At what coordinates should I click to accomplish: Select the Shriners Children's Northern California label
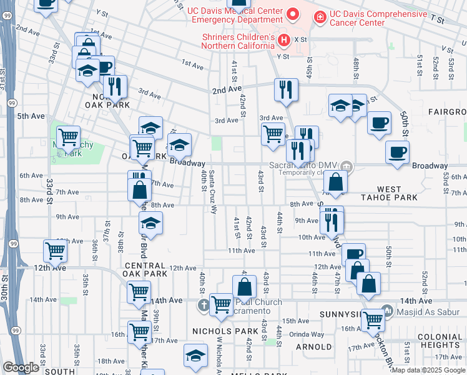pos(238,41)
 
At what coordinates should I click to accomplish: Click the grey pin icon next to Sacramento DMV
pos(347,166)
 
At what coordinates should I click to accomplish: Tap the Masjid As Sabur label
pos(427,310)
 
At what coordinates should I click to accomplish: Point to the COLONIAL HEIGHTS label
pos(440,341)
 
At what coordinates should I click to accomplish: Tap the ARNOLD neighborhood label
pos(313,346)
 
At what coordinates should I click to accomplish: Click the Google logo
pos(21,367)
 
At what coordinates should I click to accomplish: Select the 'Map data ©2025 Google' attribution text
pos(429,371)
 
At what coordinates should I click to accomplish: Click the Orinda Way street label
pos(302,334)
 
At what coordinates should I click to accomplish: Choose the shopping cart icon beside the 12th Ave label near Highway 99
pos(55,252)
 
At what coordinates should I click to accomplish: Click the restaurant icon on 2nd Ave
pos(286,89)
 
